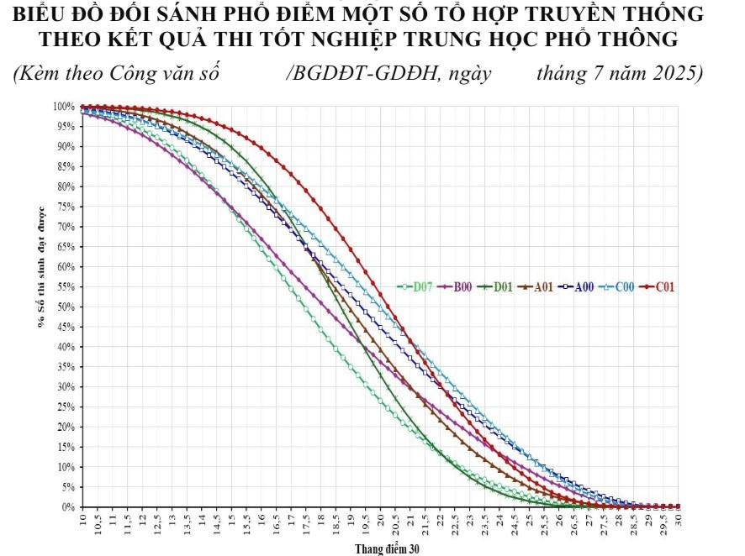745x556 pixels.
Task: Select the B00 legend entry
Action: coord(455,286)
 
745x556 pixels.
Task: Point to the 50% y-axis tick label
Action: coord(66,307)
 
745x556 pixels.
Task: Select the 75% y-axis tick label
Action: coord(66,207)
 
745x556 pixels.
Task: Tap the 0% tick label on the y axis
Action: coord(68,507)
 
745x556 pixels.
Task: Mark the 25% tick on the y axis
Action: coord(66,407)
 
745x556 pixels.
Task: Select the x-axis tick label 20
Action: coord(381,520)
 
